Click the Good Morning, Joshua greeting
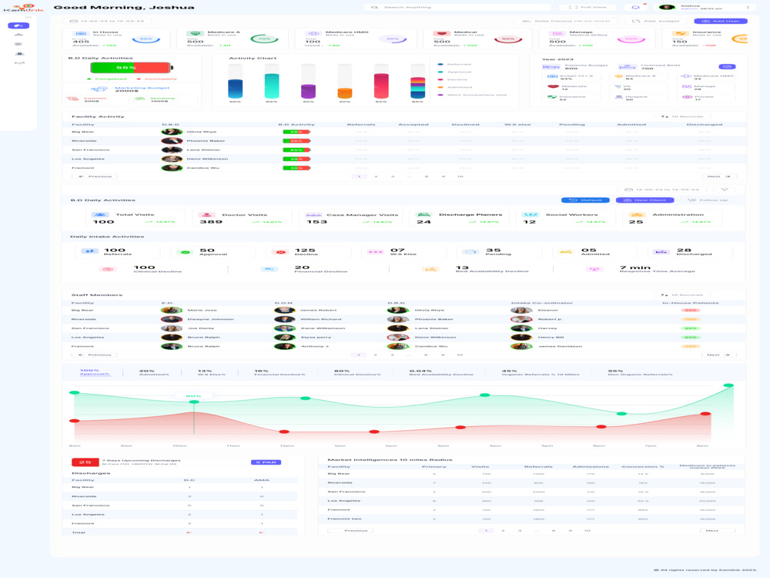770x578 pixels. coord(124,8)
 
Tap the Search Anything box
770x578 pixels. coord(407,8)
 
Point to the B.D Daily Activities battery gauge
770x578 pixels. coord(120,68)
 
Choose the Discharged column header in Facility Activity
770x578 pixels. coord(705,124)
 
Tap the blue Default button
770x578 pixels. coord(585,200)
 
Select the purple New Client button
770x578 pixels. coord(644,200)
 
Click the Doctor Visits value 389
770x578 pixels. coord(211,222)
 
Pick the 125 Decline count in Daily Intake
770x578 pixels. coord(305,250)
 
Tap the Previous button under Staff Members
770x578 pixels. coord(94,355)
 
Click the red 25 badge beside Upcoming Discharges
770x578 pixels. coord(85,462)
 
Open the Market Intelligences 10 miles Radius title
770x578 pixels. coord(390,459)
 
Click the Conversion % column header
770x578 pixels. coord(643,466)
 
